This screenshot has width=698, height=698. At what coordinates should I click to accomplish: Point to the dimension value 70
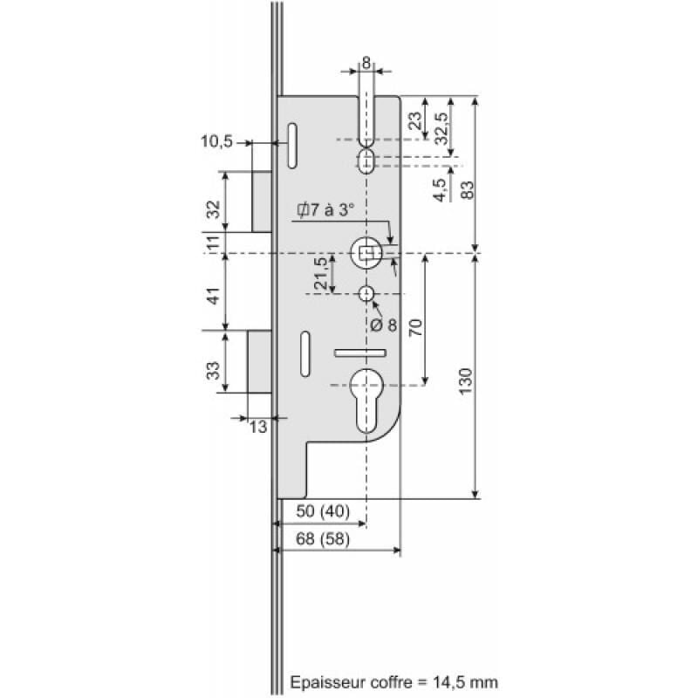click(415, 327)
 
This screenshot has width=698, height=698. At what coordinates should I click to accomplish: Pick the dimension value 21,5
click(320, 274)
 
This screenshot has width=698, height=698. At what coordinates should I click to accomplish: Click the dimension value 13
click(258, 427)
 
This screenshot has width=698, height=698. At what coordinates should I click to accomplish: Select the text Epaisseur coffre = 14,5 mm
click(393, 681)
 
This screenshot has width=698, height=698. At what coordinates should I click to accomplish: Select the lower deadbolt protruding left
click(259, 361)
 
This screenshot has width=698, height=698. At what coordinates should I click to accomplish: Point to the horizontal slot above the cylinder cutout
click(359, 352)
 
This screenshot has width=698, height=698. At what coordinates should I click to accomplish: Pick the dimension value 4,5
click(442, 188)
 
